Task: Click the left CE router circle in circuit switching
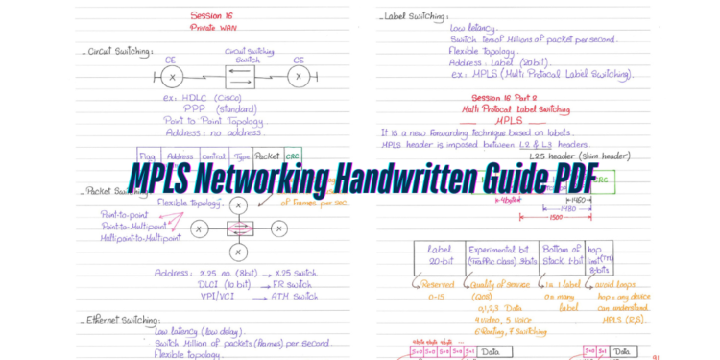coord(172,76)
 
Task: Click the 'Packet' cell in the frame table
coord(267,155)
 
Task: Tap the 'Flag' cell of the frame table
coord(147,156)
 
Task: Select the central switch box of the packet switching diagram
coord(239,228)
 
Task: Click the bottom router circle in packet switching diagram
coord(239,252)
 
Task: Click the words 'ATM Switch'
coord(293,296)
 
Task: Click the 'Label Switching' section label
coord(414,16)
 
